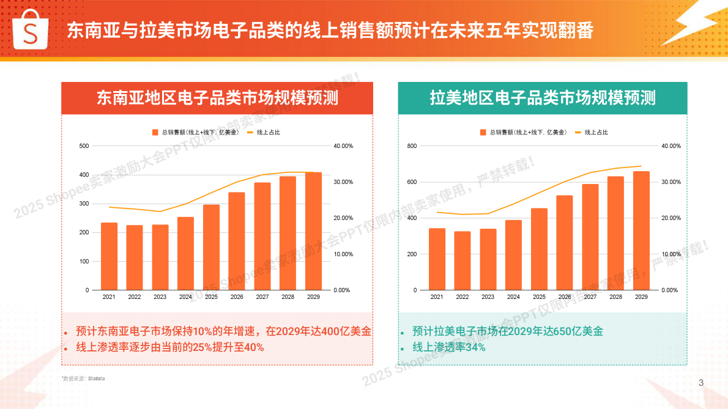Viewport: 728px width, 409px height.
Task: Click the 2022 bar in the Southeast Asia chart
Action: point(135,257)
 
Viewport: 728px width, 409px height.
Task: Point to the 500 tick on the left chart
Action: point(84,146)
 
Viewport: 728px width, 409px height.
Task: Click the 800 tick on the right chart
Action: point(412,146)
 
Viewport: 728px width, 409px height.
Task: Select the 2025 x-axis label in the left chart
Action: point(211,297)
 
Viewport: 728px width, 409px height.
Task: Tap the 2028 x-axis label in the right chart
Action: point(616,297)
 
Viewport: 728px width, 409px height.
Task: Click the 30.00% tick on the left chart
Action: point(343,182)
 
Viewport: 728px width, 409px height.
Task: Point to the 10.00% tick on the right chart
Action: point(670,254)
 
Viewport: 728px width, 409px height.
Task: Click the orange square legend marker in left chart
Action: point(155,132)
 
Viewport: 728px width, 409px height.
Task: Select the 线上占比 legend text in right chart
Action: point(596,132)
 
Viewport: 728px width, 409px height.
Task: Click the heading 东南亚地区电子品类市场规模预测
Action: point(217,98)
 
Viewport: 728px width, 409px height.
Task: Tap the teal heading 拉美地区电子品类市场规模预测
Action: point(542,98)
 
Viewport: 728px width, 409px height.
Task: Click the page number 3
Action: point(701,383)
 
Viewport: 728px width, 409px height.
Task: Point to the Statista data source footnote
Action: point(83,378)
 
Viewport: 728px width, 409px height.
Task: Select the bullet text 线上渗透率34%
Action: point(449,347)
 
